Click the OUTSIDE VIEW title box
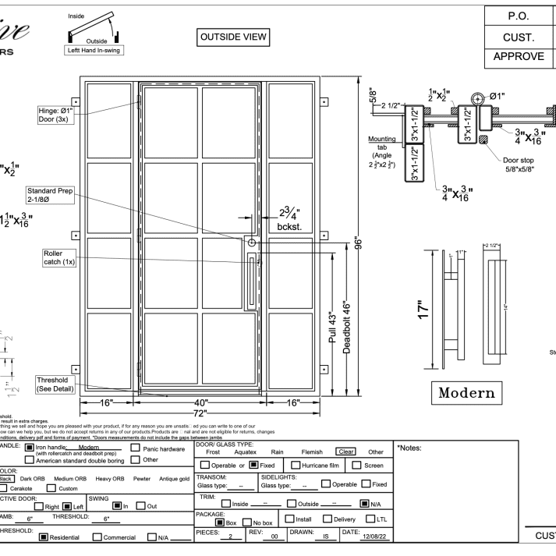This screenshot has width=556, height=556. point(235,36)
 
